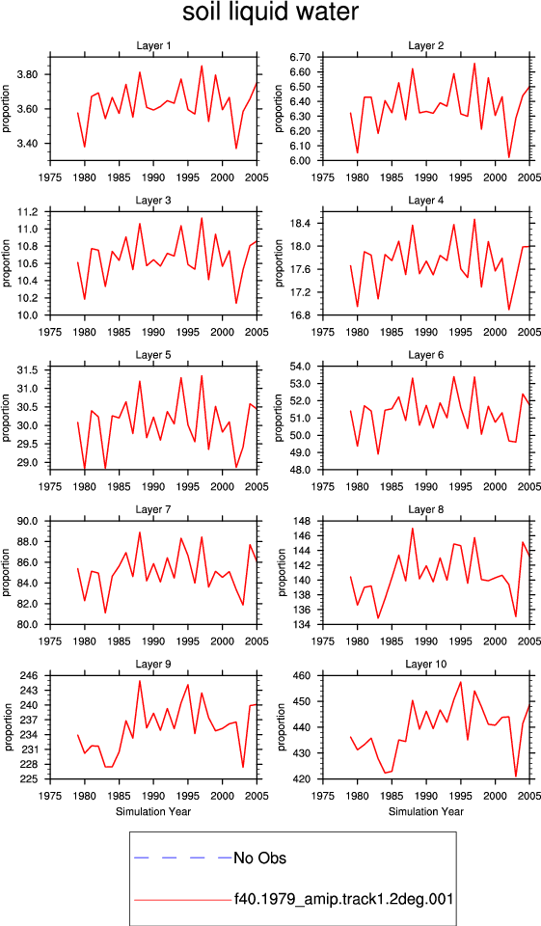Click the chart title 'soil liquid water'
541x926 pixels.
point(270,13)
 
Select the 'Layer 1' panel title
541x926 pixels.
point(153,46)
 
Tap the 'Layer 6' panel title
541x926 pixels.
point(426,355)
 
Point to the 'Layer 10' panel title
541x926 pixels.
point(426,665)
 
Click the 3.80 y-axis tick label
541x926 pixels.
point(28,75)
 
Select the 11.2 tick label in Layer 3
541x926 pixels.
point(28,212)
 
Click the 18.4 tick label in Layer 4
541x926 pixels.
point(301,224)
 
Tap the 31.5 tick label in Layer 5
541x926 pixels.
point(28,370)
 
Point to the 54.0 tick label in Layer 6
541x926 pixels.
point(301,367)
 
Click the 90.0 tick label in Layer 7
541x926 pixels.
point(28,522)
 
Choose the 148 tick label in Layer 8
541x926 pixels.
point(303,522)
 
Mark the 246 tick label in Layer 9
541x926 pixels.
point(30,675)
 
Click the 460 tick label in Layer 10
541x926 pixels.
point(303,675)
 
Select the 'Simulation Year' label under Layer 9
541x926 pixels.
point(153,811)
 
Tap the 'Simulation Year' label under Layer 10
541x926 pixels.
point(426,811)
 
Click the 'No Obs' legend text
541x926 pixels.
point(259,858)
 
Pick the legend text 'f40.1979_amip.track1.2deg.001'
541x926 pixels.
point(343,899)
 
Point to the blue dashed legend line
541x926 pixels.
point(183,858)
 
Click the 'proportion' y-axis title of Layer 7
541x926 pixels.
point(7,572)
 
